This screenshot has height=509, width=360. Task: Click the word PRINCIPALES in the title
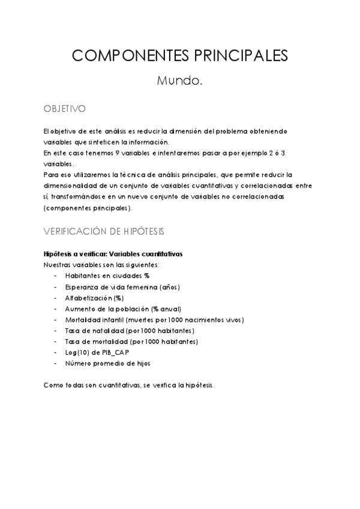[241, 56]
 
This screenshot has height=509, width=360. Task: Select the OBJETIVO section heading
[65, 109]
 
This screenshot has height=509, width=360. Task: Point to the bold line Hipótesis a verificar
[113, 254]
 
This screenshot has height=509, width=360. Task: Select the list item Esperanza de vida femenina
[122, 287]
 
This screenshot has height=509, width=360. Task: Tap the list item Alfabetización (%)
[95, 298]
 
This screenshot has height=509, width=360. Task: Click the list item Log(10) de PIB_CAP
[97, 352]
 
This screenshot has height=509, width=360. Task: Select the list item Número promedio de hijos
[107, 363]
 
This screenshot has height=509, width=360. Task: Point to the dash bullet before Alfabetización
[56, 298]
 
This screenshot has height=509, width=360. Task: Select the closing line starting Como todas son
[128, 385]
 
